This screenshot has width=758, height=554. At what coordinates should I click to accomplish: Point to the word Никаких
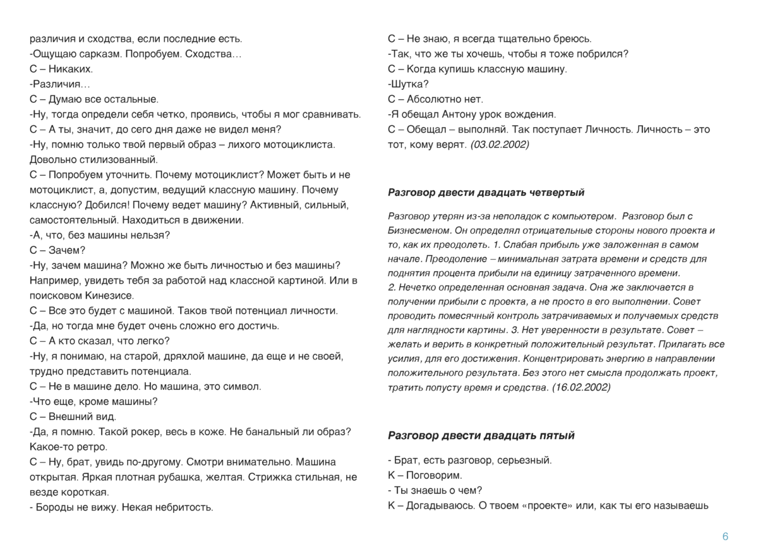click(x=71, y=69)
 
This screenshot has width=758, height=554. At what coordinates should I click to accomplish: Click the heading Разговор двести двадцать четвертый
click(x=486, y=192)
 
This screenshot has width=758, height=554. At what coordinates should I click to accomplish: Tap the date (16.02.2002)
click(x=581, y=387)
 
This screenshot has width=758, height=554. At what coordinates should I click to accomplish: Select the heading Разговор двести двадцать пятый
click(x=481, y=435)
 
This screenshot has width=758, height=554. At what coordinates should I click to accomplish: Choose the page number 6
click(x=725, y=537)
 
